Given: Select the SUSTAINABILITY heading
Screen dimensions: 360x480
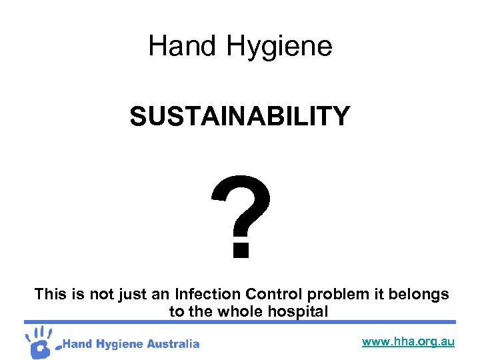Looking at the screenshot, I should pos(240,117).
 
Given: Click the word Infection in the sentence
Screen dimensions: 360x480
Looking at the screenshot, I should pos(207,294).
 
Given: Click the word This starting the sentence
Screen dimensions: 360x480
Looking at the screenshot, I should pos(49,294).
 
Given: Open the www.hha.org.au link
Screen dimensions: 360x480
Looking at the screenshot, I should pos(408,342).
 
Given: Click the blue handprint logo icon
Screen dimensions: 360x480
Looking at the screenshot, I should pos(40,341).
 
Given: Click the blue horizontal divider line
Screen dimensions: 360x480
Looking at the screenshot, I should pos(240,322).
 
